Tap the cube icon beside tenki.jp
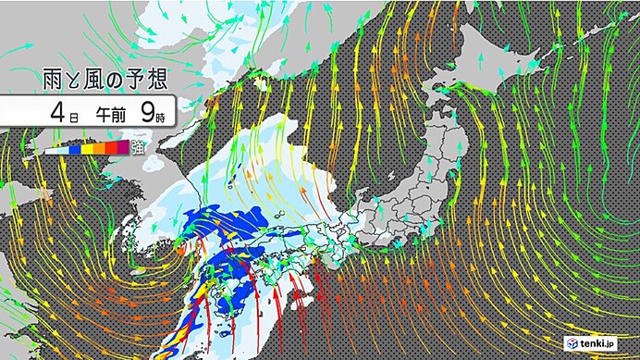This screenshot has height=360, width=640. pyautogui.click(x=572, y=342)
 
